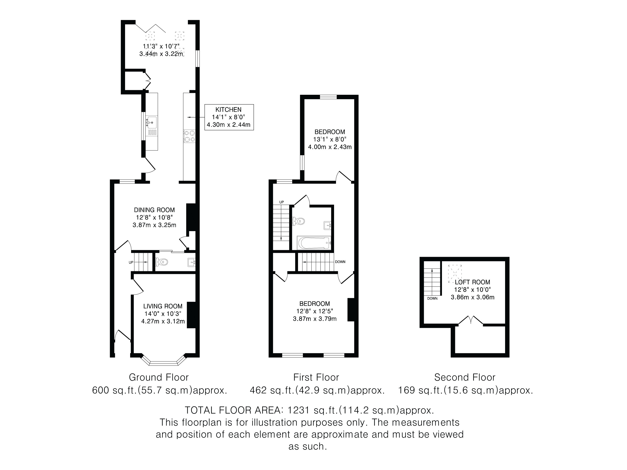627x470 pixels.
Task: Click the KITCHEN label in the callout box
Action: [228, 110]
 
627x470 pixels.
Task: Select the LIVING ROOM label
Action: [163, 306]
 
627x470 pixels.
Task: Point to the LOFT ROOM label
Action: [472, 282]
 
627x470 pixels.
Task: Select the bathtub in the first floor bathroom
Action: [314, 243]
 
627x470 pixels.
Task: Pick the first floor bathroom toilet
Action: [298, 221]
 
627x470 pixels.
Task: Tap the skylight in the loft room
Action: [455, 274]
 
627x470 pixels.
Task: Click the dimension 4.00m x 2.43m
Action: [330, 147]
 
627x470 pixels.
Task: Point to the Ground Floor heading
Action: [159, 377]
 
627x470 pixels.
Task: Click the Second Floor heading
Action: [465, 377]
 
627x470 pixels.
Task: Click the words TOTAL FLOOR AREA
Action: [234, 410]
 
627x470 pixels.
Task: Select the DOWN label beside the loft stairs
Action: [433, 298]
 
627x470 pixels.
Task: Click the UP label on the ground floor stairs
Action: [131, 262]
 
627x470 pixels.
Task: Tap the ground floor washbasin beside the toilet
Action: [192, 263]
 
